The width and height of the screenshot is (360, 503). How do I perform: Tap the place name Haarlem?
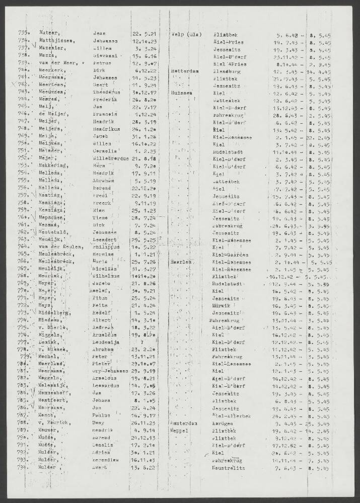182,262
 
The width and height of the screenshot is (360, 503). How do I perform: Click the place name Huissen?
182,94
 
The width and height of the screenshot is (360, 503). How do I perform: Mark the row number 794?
24,467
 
